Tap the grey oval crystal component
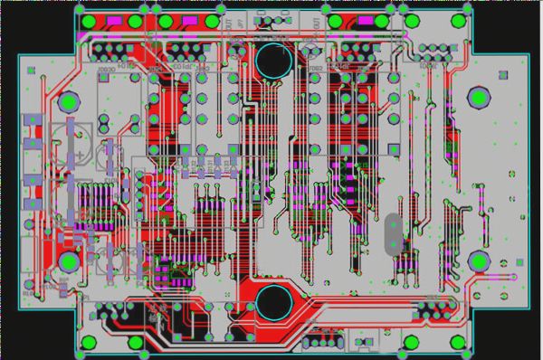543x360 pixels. pyautogui.click(x=392, y=232)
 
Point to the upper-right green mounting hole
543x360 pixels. pyautogui.click(x=477, y=97)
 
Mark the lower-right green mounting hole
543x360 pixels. pyautogui.click(x=478, y=262)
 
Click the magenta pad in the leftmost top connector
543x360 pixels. pyautogui.click(x=114, y=21)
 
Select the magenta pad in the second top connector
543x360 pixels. pyautogui.click(x=189, y=21)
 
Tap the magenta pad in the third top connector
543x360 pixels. pyautogui.click(x=365, y=20)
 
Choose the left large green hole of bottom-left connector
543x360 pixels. pyautogui.click(x=89, y=343)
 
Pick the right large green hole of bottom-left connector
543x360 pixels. pyautogui.click(x=137, y=343)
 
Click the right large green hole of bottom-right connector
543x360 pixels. pyautogui.click(x=463, y=343)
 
